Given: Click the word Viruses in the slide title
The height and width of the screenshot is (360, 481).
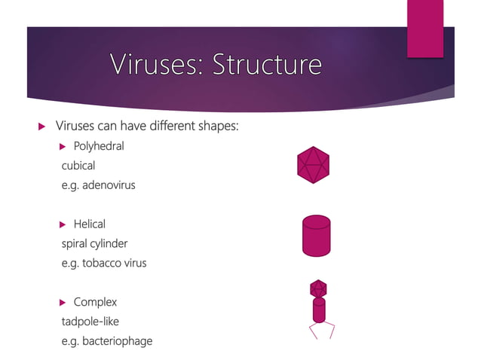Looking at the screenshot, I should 154,66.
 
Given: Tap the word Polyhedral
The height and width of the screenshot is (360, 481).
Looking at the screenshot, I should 99,146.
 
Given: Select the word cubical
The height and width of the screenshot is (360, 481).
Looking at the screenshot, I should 78,166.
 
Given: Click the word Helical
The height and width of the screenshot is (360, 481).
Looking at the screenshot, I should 89,224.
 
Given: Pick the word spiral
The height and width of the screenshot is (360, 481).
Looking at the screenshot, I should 76,244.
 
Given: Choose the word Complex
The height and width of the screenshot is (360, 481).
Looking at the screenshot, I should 95,303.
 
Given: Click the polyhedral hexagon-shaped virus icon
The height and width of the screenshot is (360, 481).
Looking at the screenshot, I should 313,164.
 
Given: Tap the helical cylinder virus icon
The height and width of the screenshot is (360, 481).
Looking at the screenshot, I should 316,236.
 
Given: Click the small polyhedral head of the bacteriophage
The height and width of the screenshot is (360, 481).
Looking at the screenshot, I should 318,288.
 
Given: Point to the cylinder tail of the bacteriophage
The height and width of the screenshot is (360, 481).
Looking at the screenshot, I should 319,310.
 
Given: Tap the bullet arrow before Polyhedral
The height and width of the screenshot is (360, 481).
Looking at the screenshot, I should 63,146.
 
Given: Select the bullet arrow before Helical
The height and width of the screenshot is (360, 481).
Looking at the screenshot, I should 63,224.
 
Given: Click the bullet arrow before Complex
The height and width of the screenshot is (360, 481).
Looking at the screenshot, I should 63,303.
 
